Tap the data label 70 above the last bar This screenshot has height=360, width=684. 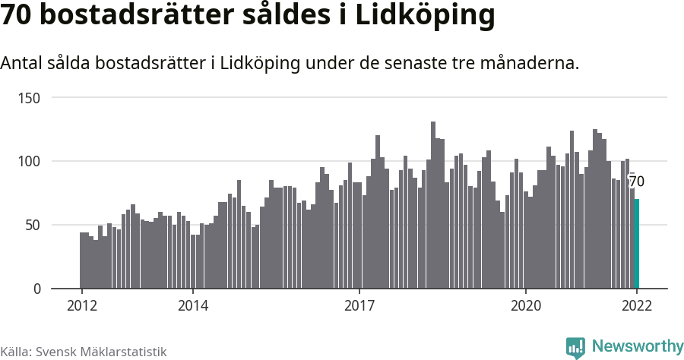[637, 182]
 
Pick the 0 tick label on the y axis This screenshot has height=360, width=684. [37, 289]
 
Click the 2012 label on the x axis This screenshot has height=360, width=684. [81, 305]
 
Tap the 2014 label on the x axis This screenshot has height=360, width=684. [193, 305]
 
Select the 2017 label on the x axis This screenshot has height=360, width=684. [359, 305]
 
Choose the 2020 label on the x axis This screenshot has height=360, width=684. [525, 305]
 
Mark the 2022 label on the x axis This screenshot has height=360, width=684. [637, 305]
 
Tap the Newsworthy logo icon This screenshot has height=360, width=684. [575, 347]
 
